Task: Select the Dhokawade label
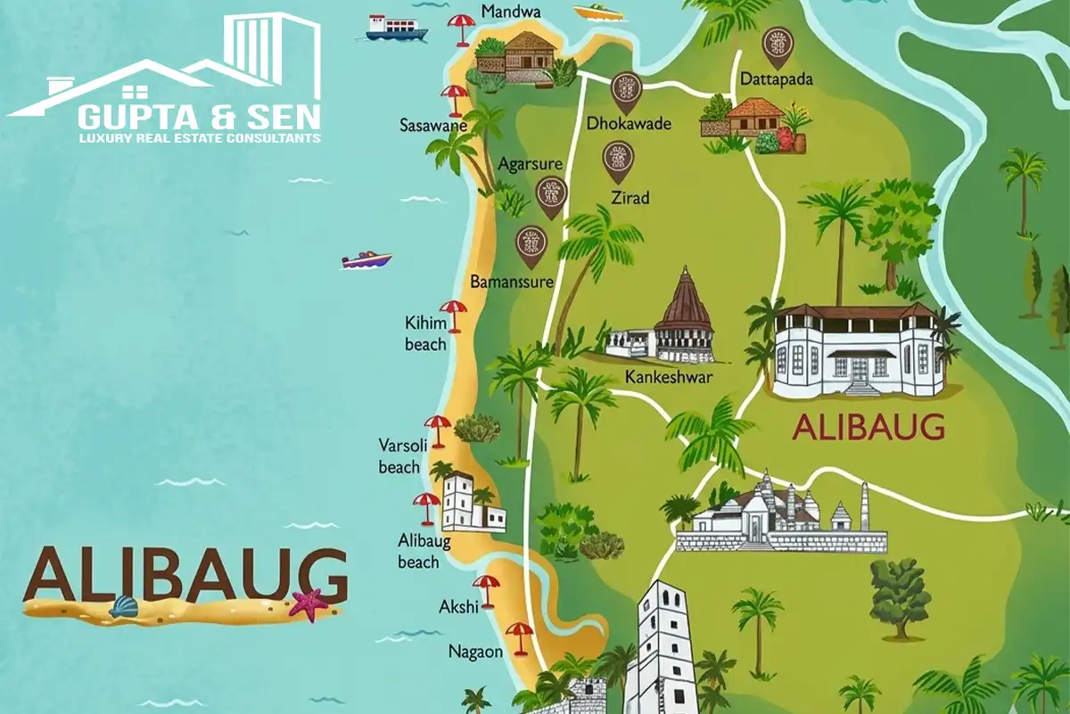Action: pyautogui.click(x=628, y=124)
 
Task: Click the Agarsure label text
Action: pyautogui.click(x=530, y=165)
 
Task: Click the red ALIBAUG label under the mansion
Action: pyautogui.click(x=868, y=428)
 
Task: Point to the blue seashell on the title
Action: pyautogui.click(x=124, y=607)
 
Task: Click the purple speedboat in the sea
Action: pyautogui.click(x=366, y=259)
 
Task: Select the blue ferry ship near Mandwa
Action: pyautogui.click(x=397, y=28)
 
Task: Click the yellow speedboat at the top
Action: pyautogui.click(x=598, y=12)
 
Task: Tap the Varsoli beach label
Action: pyautogui.click(x=399, y=455)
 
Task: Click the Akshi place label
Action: pyautogui.click(x=458, y=607)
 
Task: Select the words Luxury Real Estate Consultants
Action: pyautogui.click(x=199, y=139)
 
